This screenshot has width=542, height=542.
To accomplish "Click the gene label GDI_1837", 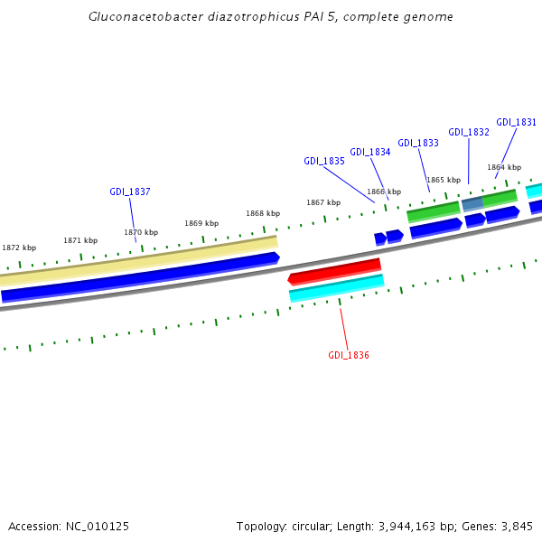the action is pos(130,192).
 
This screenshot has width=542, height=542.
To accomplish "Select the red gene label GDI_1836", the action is pos(349,355).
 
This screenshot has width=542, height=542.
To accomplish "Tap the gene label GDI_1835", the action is pos(324,161).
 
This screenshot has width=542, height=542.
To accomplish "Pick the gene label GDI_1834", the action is pos(370,152).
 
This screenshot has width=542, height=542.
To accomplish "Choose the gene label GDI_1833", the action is pos(418,143).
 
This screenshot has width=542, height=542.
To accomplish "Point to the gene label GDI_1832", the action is pos(469,132).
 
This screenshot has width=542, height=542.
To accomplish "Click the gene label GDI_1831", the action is pos(517,123).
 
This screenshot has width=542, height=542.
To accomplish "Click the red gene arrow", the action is pos(335,270).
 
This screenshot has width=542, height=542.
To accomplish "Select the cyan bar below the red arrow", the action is pos(337,287).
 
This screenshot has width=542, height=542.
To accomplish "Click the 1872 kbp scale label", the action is pos(19,248).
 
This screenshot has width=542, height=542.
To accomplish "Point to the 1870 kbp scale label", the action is pos(141,232).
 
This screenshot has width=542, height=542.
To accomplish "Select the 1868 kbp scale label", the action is pos(263,214).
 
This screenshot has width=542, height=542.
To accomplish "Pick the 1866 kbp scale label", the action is pos(384,192).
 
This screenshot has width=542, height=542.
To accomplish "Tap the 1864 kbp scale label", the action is pos(504,167).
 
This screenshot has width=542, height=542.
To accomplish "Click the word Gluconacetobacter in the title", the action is pos(141,17).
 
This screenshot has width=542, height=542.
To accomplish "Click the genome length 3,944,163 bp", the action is pos(419,526).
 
